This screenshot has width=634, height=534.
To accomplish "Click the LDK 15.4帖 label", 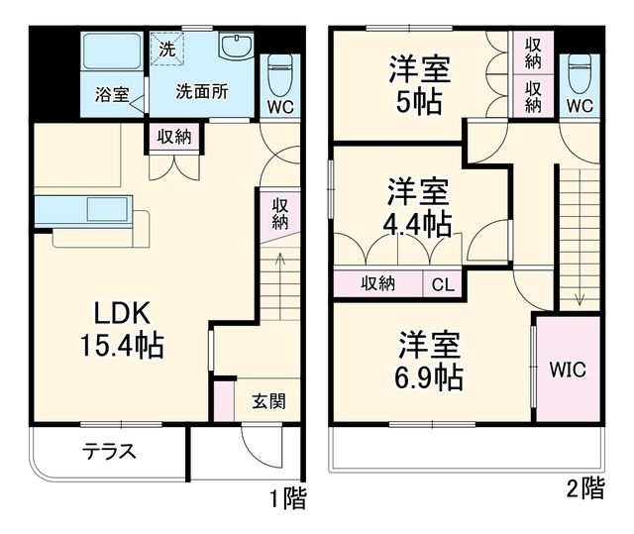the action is pyautogui.click(x=122, y=329).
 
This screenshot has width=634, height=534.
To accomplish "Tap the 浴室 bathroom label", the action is pyautogui.click(x=112, y=94).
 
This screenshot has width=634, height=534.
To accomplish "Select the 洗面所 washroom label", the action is pyautogui.click(x=202, y=92).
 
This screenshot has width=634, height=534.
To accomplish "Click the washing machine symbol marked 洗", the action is pyautogui.click(x=167, y=49).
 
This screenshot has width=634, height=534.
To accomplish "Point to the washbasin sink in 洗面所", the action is pyautogui.click(x=236, y=45).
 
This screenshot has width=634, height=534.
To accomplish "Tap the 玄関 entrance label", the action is pyautogui.click(x=268, y=401).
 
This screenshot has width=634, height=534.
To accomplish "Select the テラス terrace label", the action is pyautogui.click(x=110, y=451).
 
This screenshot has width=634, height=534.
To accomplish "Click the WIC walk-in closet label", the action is pyautogui.click(x=568, y=370).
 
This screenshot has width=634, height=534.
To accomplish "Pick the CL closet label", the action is pyautogui.click(x=443, y=284).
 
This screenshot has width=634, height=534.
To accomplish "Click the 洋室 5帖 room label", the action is pyautogui.click(x=419, y=86).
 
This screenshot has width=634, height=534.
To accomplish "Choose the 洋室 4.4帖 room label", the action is pyautogui.click(x=418, y=207).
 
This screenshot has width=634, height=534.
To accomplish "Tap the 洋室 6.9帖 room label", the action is pyautogui.click(x=429, y=361).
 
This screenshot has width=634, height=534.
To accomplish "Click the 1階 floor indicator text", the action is pyautogui.click(x=288, y=497).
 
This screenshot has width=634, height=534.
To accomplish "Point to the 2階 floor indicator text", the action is pyautogui.click(x=585, y=488).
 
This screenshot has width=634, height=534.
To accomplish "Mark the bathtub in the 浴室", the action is pyautogui.click(x=112, y=51).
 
